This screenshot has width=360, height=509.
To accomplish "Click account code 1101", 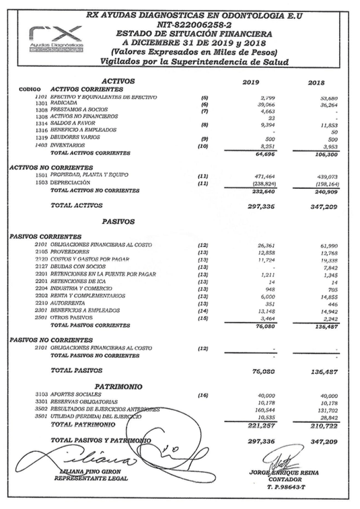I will (41, 97).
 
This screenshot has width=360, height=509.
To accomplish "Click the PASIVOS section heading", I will (120, 221).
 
